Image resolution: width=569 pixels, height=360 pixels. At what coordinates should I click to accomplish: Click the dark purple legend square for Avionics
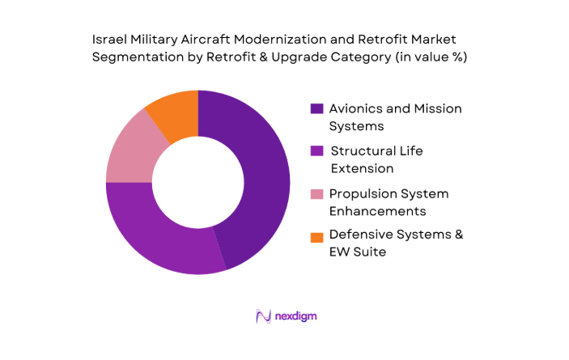click(316, 108)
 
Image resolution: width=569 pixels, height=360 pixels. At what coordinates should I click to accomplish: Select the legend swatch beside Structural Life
click(316, 151)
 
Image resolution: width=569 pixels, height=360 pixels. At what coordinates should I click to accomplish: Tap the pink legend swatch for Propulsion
click(316, 194)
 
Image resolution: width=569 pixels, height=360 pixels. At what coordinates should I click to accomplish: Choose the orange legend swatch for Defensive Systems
click(316, 236)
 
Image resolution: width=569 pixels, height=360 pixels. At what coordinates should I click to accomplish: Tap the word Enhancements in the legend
click(376, 211)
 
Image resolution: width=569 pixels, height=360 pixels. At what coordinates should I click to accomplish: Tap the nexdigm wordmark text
click(295, 316)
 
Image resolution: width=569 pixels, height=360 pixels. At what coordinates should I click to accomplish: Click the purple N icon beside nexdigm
click(262, 316)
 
